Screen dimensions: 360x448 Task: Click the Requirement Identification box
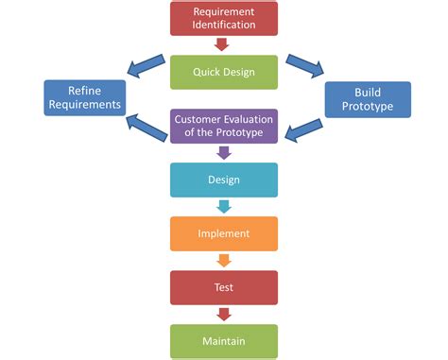[x=224, y=18]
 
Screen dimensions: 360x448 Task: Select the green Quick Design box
[x=224, y=72]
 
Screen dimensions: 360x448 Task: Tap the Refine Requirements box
[x=84, y=98]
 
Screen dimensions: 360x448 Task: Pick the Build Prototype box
[x=368, y=98]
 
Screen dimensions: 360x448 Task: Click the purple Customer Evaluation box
[x=224, y=126]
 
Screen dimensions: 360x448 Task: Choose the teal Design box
[x=224, y=180]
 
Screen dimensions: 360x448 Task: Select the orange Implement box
[x=224, y=233]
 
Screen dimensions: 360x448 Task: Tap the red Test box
[x=224, y=287]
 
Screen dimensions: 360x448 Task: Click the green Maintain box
[x=224, y=340]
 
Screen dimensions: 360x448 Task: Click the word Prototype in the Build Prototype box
[x=368, y=106]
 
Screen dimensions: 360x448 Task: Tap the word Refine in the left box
[x=84, y=91]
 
